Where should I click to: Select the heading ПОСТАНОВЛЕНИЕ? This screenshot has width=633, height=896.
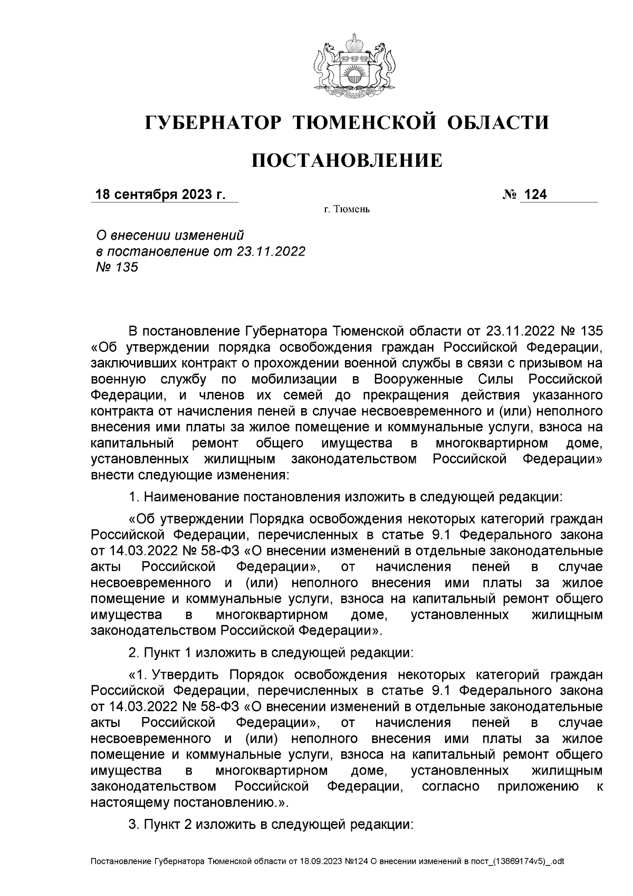347,161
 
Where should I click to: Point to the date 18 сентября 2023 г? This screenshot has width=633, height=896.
160,195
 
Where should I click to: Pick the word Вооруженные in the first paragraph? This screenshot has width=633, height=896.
418,380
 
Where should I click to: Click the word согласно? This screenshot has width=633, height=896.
450,786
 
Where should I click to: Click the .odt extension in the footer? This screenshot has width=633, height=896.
556,862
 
